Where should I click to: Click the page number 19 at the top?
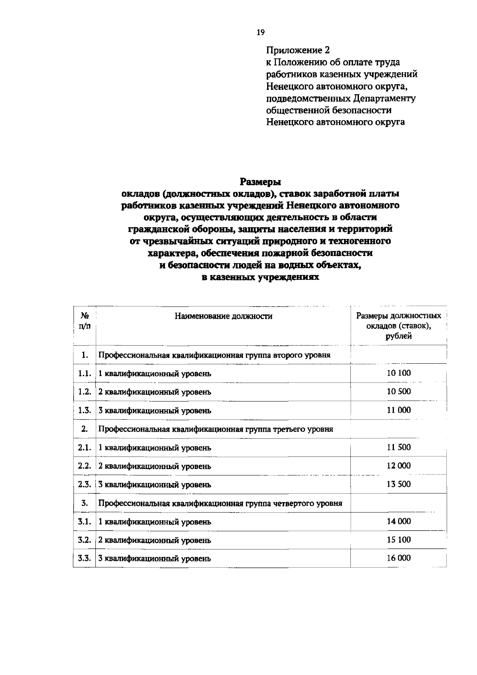260,33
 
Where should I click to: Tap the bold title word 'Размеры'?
260,182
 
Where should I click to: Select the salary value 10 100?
399,373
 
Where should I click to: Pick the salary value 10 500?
399,392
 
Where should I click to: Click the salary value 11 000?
399,410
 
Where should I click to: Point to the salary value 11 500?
399,447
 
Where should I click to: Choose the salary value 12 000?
399,466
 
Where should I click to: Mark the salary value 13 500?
399,484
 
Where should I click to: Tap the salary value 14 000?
399,522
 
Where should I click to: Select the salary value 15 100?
399,540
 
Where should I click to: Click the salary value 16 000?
399,558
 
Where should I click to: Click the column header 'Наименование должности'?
223,316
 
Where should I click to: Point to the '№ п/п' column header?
84,321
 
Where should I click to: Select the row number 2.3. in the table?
85,484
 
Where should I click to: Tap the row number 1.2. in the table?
85,392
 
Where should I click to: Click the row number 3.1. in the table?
85,522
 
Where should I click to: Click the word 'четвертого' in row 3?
293,503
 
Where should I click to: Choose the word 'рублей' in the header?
398,336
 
